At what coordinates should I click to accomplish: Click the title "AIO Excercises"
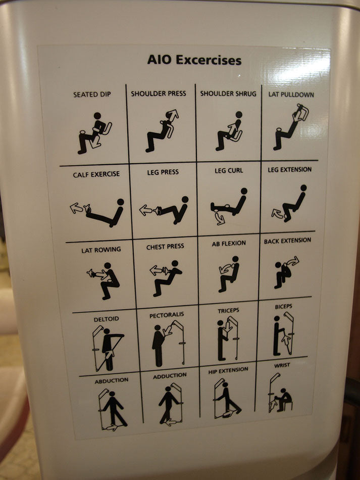click(194, 61)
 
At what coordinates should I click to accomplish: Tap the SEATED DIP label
click(92, 94)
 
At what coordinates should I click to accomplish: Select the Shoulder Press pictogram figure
click(161, 131)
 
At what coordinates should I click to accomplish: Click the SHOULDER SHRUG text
click(228, 93)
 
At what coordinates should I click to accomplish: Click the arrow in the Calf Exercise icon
click(77, 208)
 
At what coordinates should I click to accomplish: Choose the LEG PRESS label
click(163, 172)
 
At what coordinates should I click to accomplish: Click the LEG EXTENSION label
click(289, 170)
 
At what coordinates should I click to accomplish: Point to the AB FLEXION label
click(229, 243)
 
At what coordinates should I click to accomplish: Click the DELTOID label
click(106, 319)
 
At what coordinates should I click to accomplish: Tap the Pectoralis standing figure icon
click(158, 346)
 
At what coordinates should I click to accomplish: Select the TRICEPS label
click(229, 310)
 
